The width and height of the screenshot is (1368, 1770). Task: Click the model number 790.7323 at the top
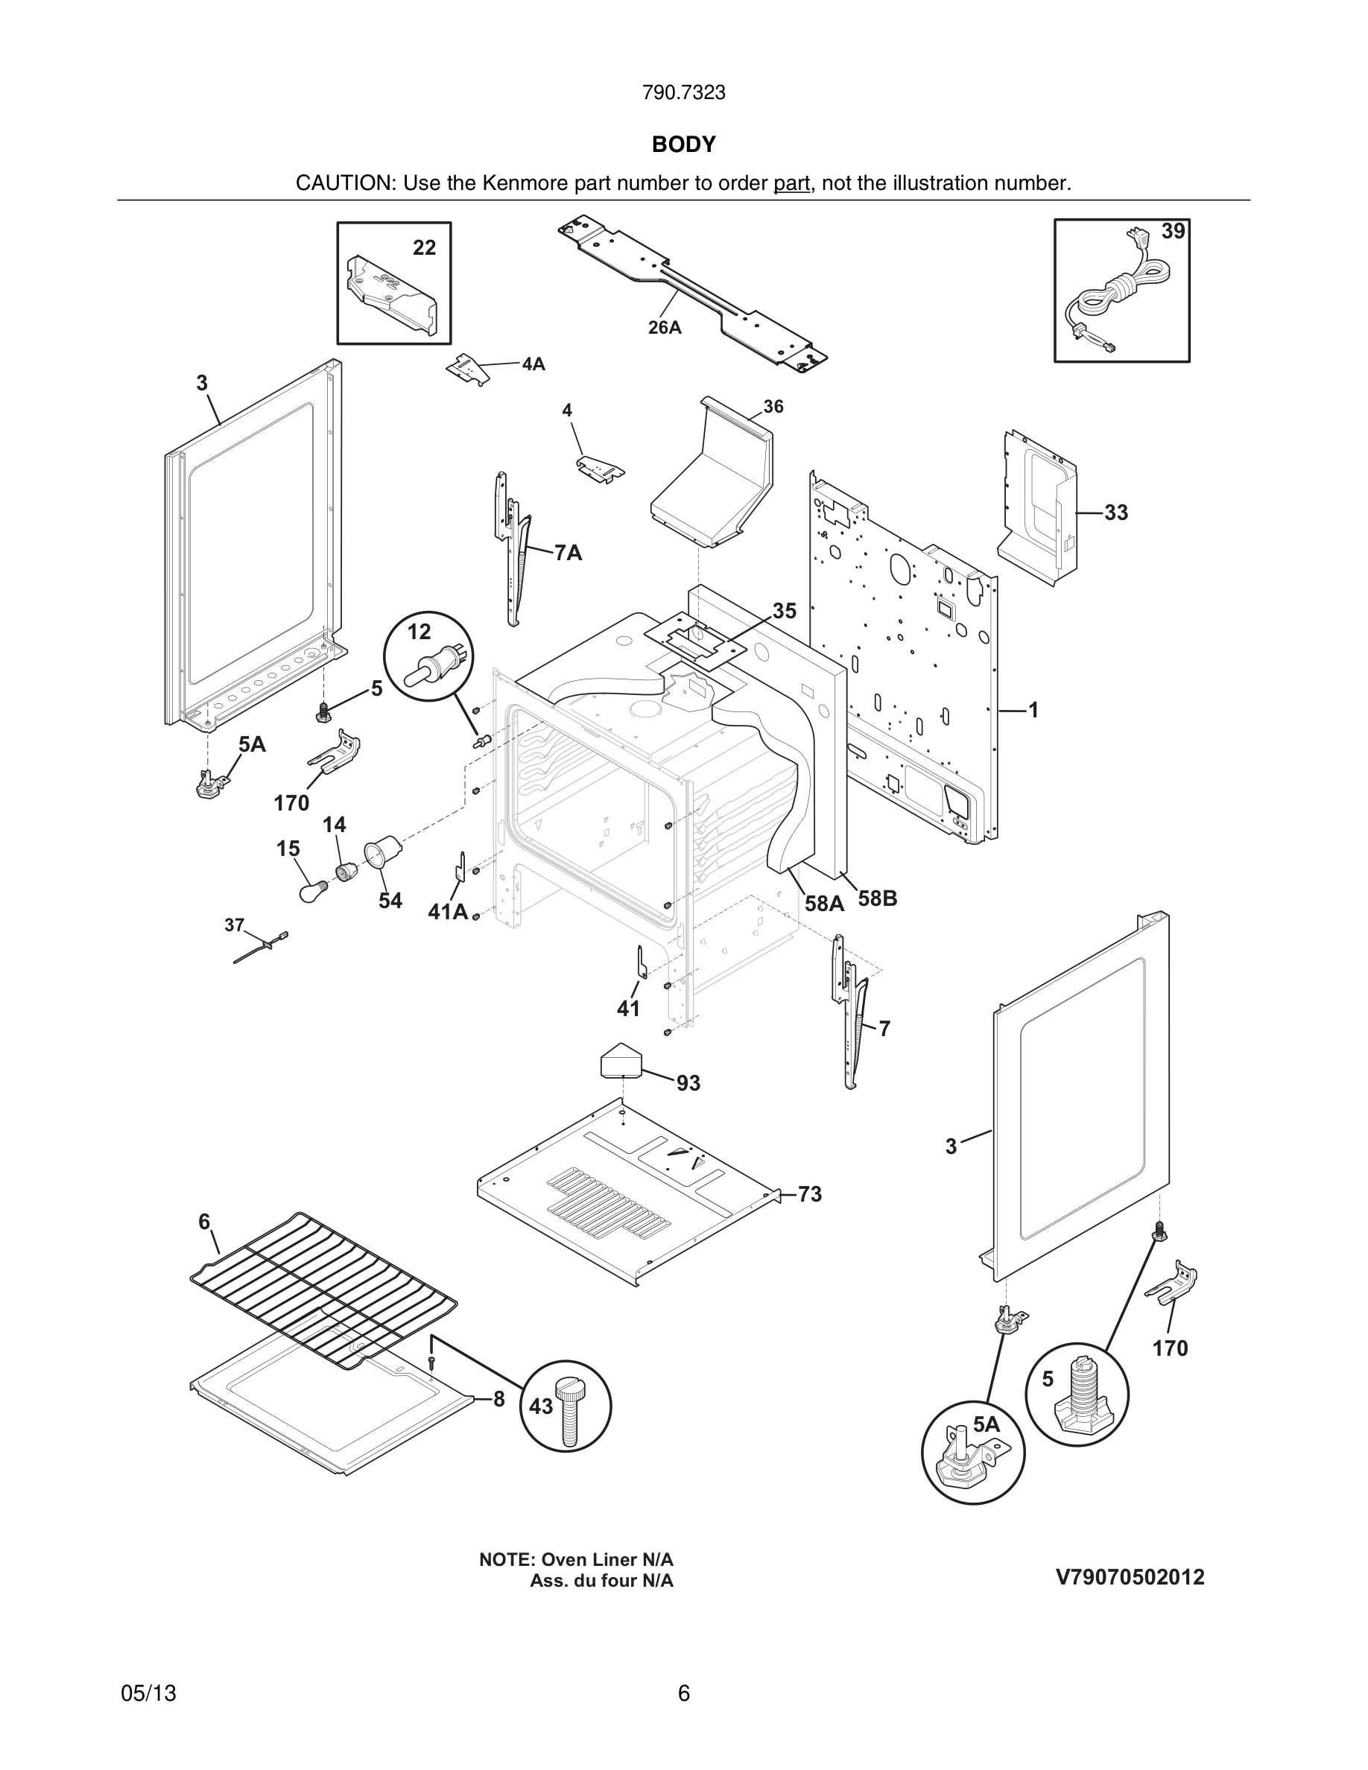pos(683,93)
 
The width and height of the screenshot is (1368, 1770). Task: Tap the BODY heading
pos(683,145)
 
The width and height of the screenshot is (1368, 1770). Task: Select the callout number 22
pos(424,248)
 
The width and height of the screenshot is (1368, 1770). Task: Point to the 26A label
pos(665,328)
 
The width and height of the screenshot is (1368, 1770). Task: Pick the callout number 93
pos(688,1082)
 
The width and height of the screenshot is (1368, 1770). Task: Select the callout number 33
pos(1116,513)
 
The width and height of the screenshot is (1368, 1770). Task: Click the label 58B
pos(877,898)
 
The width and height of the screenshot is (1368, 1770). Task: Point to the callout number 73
pos(810,1195)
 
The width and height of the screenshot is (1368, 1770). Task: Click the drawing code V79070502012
pos(1130,1577)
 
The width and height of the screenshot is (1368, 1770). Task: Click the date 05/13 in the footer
pos(148,1693)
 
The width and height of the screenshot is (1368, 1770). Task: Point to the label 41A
pos(447,912)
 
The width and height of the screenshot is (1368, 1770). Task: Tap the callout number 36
pos(773,407)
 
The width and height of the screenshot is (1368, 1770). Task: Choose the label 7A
pos(568,553)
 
